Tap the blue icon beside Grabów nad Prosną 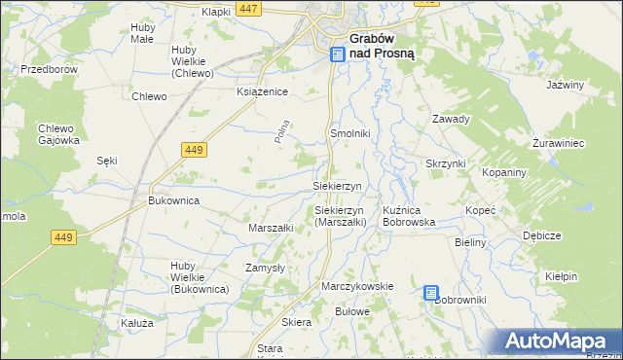[337, 54]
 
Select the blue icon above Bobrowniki [431, 292]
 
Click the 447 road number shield [248, 9]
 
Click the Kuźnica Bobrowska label [409, 216]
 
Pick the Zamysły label [265, 267]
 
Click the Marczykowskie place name [357, 286]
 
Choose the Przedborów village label [49, 70]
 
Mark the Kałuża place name [137, 322]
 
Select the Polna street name [283, 132]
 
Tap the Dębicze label [541, 235]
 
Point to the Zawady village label [451, 120]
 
